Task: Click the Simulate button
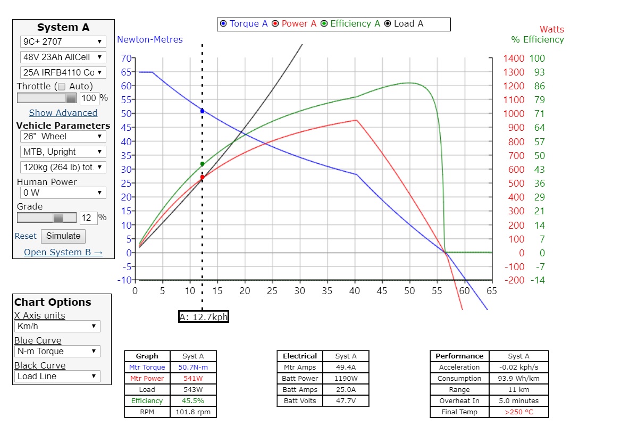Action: click(x=63, y=236)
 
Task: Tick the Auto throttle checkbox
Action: click(x=62, y=86)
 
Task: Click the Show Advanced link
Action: click(x=63, y=113)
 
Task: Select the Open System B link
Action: click(x=63, y=252)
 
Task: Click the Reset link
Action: click(x=26, y=236)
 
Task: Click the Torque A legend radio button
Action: click(x=223, y=24)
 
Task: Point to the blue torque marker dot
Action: click(x=202, y=111)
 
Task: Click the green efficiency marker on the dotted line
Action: click(x=202, y=164)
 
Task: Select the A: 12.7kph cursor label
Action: click(x=204, y=317)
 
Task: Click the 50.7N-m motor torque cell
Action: click(x=193, y=367)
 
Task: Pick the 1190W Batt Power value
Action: click(x=346, y=379)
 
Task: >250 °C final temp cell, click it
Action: click(x=518, y=412)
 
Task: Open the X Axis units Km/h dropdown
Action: click(x=57, y=326)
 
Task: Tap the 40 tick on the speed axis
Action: click(x=355, y=291)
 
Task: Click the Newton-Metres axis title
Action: click(x=150, y=39)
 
